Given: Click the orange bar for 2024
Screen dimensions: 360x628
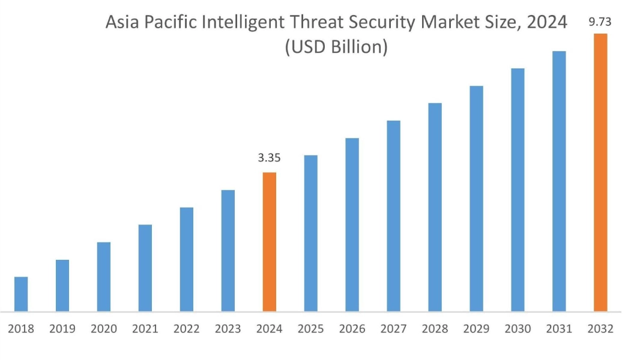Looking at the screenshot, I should coord(270,242).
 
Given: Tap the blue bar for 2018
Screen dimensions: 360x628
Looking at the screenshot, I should coord(21,294).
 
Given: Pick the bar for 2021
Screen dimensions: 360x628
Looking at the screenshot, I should coord(145,268).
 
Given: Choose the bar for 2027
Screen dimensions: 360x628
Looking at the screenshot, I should coord(394,216).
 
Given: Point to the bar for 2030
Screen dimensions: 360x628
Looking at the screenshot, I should coord(518,190).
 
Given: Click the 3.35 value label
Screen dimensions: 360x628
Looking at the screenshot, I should coord(270,158).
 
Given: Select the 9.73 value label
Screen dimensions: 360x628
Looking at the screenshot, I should coord(600,22).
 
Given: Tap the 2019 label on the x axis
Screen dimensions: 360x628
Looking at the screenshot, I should coord(62,329).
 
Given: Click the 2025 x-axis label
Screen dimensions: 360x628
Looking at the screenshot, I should coord(311,329).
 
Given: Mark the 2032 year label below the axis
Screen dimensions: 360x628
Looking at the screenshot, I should coord(600,329).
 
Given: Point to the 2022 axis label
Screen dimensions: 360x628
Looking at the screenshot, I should coord(187,329).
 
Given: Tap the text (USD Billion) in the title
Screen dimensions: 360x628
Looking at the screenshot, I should coord(336,47).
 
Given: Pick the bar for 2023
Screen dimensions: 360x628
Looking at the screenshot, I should coord(228,251).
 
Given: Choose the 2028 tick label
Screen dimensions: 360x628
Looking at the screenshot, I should coord(435,329).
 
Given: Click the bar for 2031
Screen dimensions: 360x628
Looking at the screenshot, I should coord(559,181).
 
